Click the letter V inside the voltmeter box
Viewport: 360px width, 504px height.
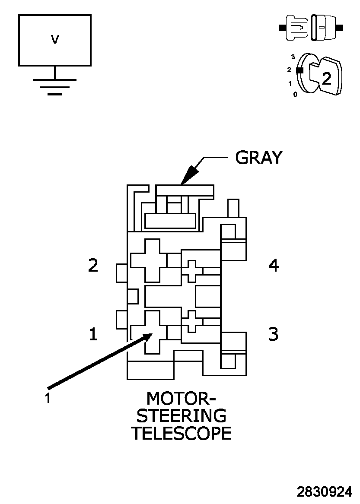[55, 40]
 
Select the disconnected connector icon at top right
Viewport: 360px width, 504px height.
[311, 28]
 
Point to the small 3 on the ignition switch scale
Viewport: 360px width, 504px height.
[293, 57]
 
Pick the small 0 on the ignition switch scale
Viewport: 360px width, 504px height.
[295, 94]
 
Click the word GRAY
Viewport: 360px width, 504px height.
[258, 158]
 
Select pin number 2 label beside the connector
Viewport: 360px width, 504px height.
[93, 265]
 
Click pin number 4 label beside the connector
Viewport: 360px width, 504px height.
[274, 265]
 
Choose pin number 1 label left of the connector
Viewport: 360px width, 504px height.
[93, 334]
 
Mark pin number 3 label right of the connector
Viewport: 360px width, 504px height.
[274, 334]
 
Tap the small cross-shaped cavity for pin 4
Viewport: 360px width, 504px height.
[192, 271]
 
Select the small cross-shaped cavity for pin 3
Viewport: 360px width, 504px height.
[192, 321]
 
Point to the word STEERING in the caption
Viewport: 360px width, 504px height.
[182, 415]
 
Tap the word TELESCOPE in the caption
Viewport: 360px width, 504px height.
[182, 433]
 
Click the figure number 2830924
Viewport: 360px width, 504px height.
[324, 492]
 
